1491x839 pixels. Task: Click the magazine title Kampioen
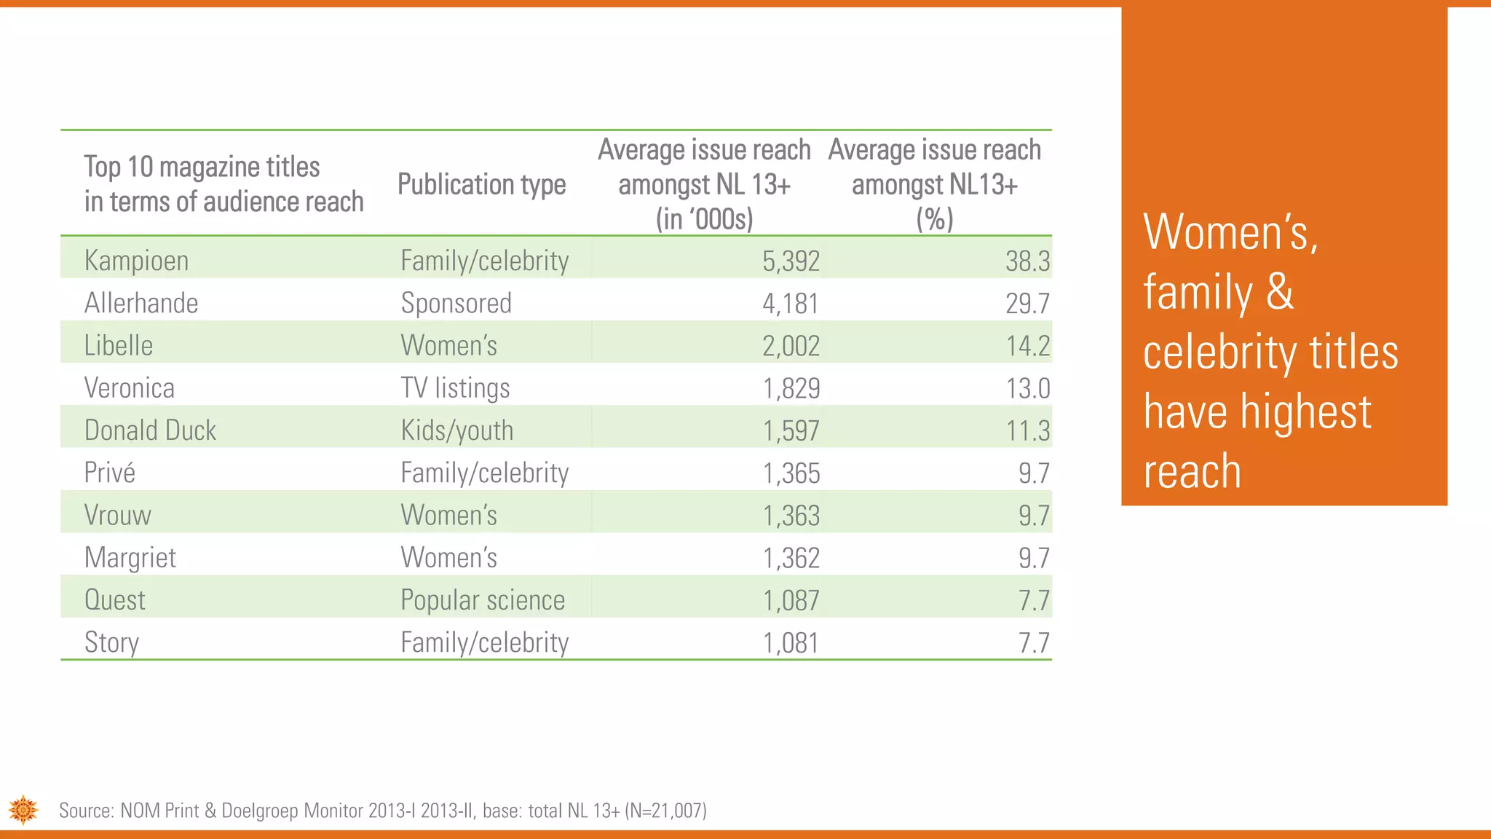(x=136, y=261)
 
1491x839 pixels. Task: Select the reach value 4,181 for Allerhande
(x=791, y=303)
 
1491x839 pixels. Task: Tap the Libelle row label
(x=119, y=345)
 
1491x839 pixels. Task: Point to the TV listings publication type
(x=455, y=388)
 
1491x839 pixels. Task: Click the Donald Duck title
(x=150, y=430)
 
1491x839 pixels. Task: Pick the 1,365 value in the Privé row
(x=791, y=473)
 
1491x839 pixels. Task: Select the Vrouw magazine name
(x=117, y=516)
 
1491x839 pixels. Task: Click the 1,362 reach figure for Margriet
(x=791, y=558)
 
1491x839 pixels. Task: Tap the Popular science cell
(x=483, y=600)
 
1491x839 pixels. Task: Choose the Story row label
(x=111, y=642)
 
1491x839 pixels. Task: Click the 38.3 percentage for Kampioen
(x=1027, y=261)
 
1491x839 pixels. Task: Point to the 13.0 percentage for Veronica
(x=1027, y=388)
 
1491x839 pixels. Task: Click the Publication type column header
(x=481, y=185)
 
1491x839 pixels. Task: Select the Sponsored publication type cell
(x=456, y=303)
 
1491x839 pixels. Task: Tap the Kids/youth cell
(x=456, y=430)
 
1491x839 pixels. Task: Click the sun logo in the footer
(x=23, y=810)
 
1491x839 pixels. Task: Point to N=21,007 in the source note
(x=665, y=811)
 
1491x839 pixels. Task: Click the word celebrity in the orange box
(x=1219, y=353)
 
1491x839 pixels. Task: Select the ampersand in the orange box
(x=1280, y=292)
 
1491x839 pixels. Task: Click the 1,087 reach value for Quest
(x=791, y=600)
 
